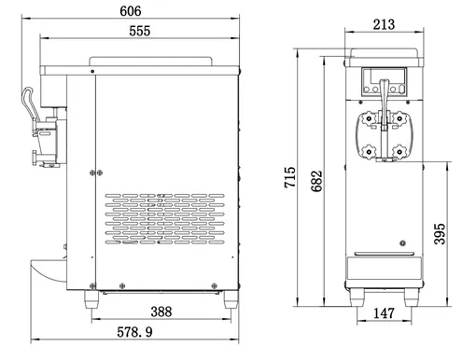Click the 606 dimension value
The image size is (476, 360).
coord(131,11)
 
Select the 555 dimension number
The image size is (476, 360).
coord(140,31)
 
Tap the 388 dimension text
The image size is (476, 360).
coord(161,312)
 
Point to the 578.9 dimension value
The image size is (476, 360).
coord(134,332)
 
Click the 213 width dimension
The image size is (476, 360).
coord(384,24)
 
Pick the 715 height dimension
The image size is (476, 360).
coord(289,177)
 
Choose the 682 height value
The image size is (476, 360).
coord(316,181)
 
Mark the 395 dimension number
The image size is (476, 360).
coord(440,234)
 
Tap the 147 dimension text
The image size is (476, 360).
coord(384,313)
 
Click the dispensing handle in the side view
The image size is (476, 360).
coord(29,103)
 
